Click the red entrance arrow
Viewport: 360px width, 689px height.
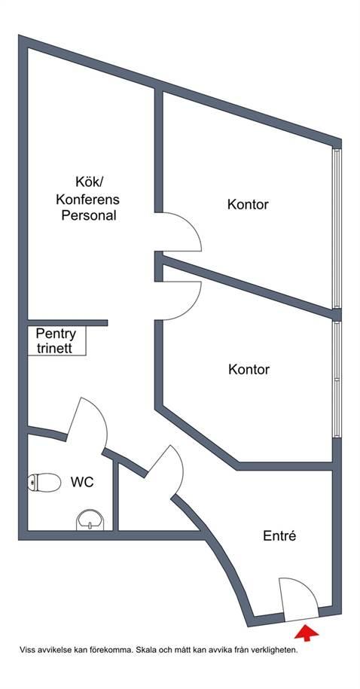(307, 633)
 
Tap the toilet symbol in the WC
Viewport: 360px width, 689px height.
(44, 482)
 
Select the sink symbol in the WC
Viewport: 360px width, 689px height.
(90, 520)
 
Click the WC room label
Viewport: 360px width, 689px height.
(82, 482)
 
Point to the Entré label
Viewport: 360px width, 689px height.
(279, 535)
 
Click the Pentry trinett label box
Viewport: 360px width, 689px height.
(56, 340)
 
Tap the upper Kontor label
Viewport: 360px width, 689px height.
(248, 204)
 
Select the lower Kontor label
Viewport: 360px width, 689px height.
(249, 369)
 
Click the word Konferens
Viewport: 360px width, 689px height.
(87, 200)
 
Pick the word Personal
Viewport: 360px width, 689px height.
(89, 216)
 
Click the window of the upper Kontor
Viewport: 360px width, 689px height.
(337, 228)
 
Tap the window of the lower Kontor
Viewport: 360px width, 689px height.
(337, 380)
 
